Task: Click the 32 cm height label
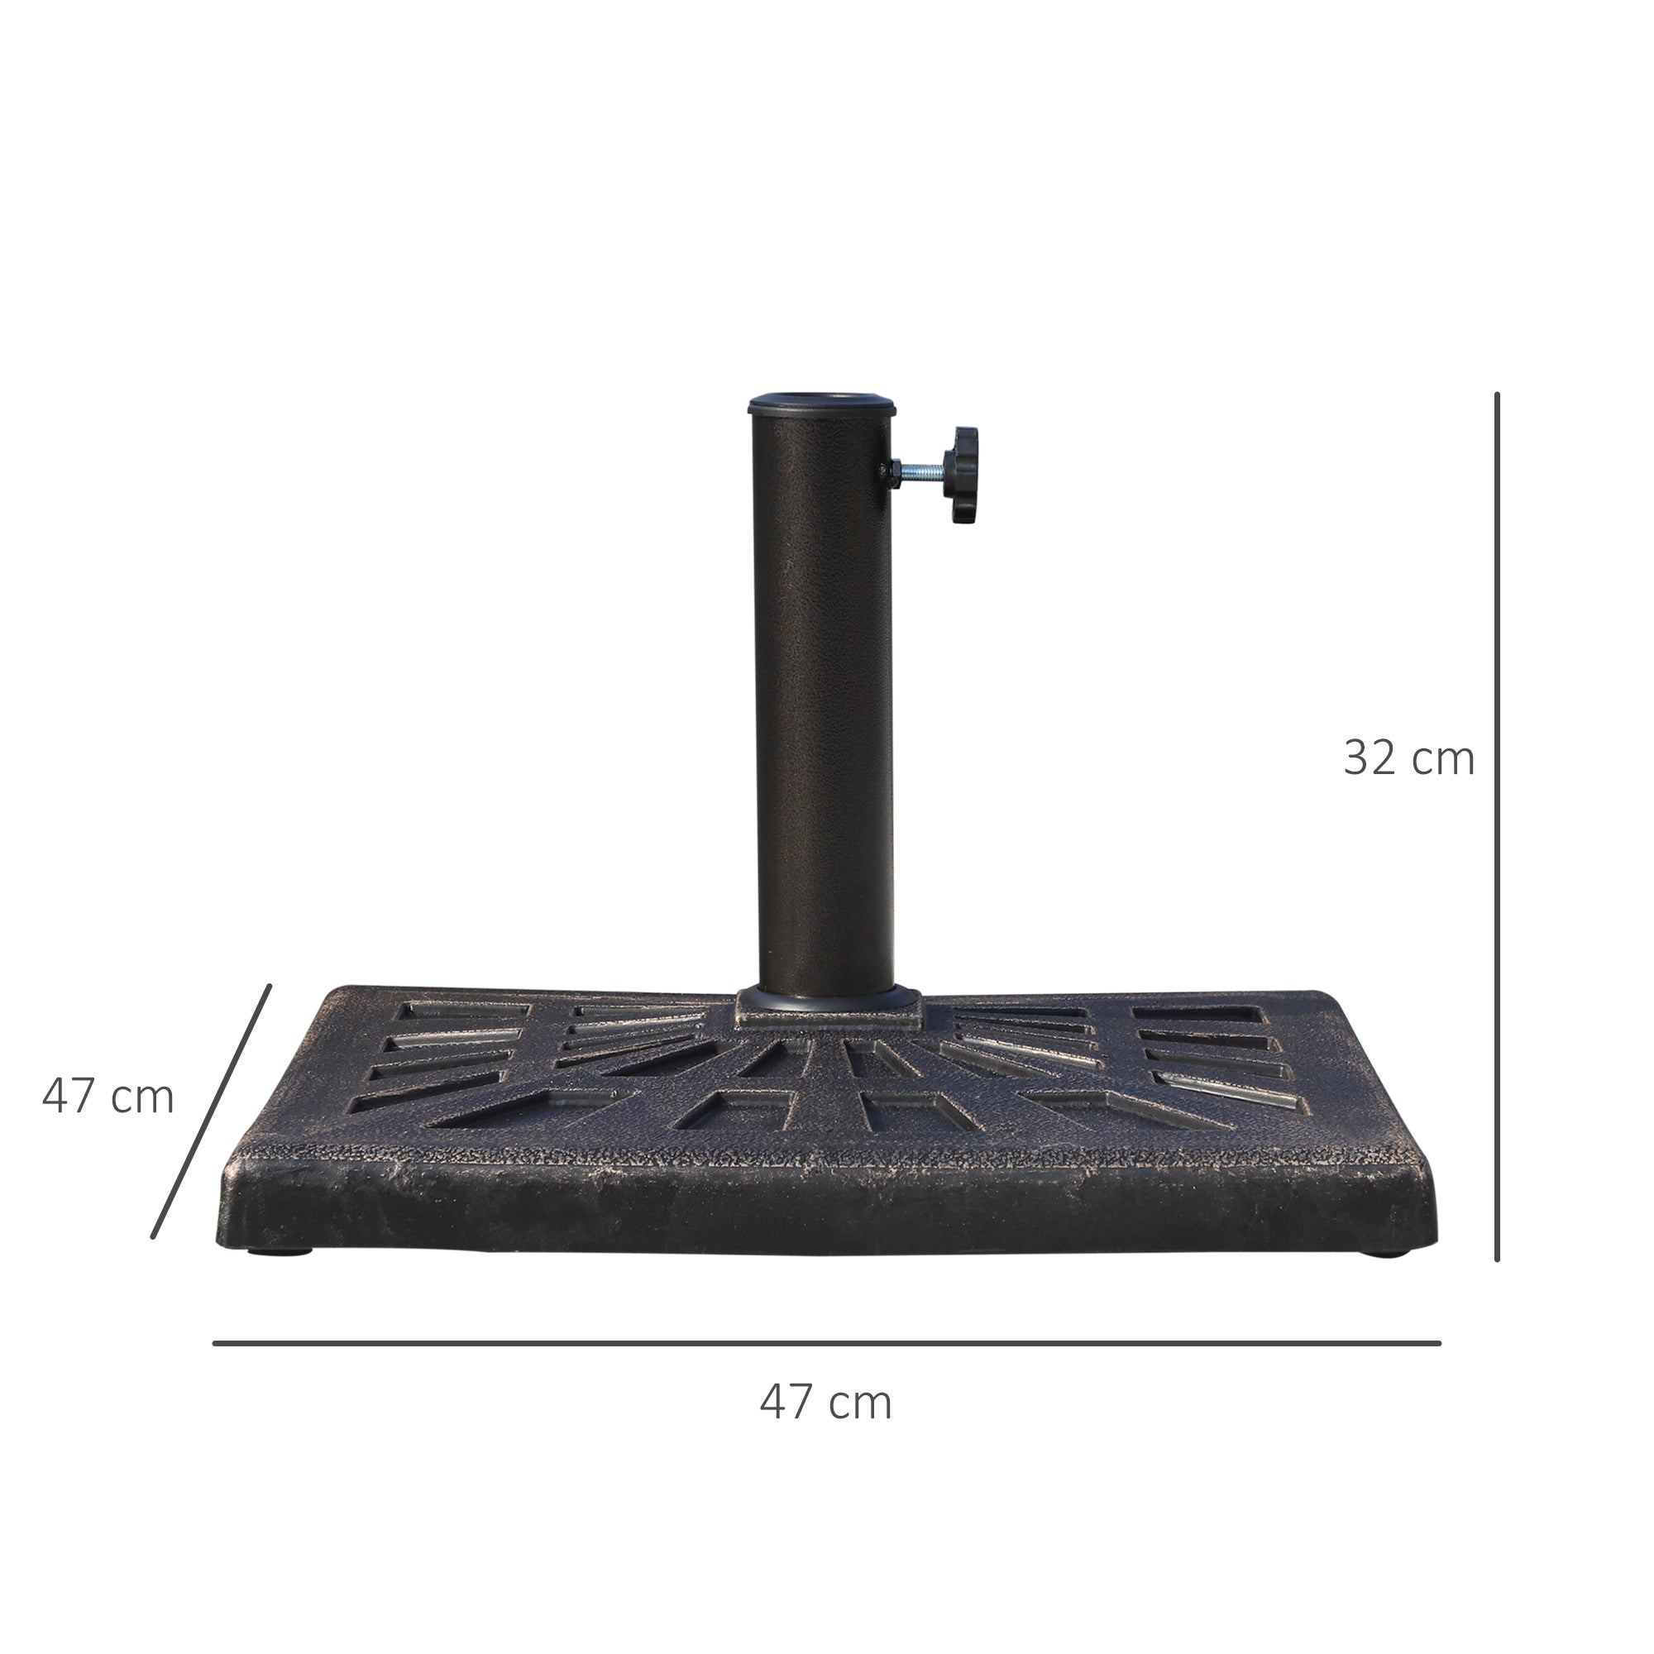1408,758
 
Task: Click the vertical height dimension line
1498,826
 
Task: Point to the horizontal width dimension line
826,1343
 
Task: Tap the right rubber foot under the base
1385,1252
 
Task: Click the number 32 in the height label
1371,758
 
